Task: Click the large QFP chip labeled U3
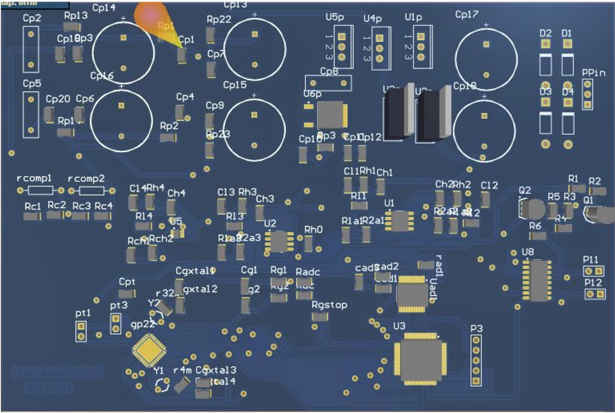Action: point(421,358)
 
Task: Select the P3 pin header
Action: point(476,361)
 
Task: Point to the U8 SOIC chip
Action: point(537,280)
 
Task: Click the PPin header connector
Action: point(587,94)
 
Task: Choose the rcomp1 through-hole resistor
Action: point(40,190)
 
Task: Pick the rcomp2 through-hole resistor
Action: point(92,191)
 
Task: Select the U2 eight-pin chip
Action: point(279,242)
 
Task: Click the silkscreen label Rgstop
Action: point(329,305)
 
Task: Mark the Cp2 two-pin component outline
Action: point(31,49)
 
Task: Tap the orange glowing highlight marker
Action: point(152,18)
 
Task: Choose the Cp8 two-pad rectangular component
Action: point(328,83)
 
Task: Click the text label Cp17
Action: point(467,14)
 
